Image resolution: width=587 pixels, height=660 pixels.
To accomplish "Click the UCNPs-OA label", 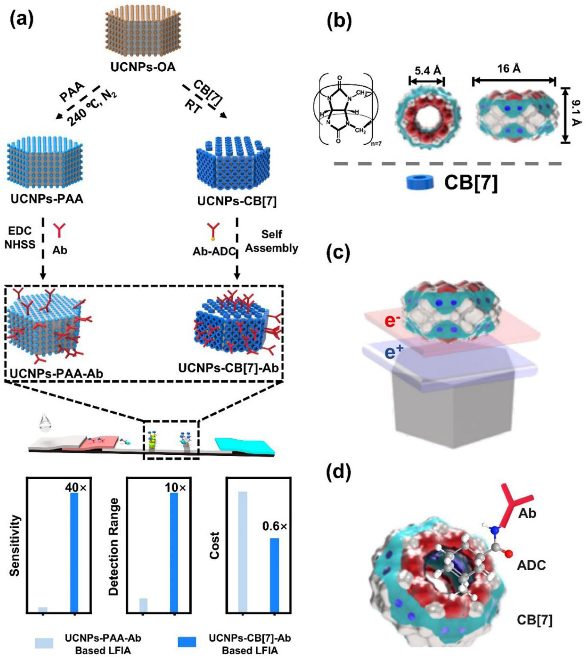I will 143,67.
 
